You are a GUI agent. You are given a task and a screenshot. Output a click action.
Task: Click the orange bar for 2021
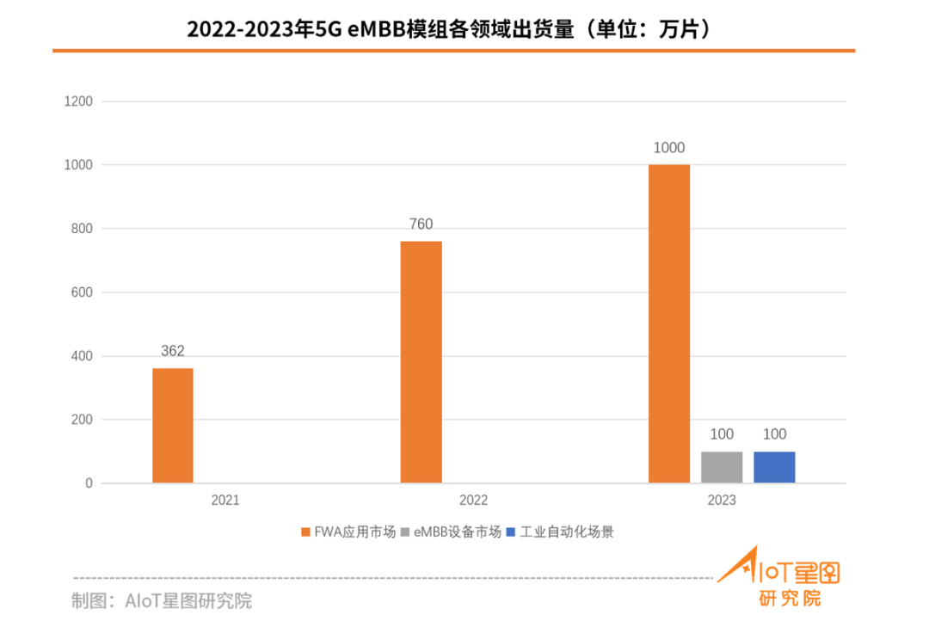pos(173,426)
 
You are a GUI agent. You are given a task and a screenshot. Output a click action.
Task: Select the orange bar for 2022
pos(421,362)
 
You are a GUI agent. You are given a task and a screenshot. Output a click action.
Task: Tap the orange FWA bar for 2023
pos(668,323)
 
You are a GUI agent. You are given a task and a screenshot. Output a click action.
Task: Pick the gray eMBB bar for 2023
pos(722,467)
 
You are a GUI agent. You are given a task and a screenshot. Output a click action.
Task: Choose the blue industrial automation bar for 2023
pos(774,467)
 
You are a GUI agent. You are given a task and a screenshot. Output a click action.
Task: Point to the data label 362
pos(173,351)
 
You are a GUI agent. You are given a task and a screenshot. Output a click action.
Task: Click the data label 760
pos(421,224)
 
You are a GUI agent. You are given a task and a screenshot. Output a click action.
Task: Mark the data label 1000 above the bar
pos(668,148)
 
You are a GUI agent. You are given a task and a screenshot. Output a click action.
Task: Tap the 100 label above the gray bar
pos(722,434)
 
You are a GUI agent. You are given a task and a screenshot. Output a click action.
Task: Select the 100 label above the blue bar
pos(774,434)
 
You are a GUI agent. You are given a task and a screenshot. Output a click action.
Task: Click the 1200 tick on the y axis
pos(78,101)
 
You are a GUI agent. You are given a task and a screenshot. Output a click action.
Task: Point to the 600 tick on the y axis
pos(82,292)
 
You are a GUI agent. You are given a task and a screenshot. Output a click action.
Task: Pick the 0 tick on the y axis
pos(89,483)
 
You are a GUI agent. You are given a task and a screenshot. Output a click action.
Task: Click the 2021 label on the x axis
pos(225,501)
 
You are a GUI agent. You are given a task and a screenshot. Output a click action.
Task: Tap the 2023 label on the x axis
pos(721,501)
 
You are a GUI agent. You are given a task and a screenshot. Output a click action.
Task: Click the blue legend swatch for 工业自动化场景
pos(510,532)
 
